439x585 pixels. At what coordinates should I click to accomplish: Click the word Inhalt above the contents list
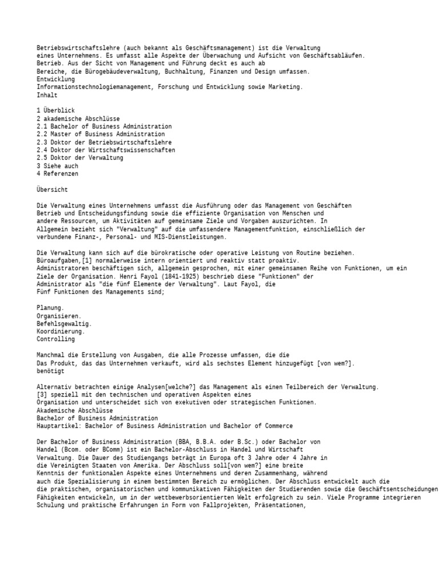(x=47, y=95)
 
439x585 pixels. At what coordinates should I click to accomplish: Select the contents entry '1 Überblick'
(x=55, y=110)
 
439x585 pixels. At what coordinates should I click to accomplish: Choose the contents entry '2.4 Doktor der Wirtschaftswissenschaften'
(x=106, y=150)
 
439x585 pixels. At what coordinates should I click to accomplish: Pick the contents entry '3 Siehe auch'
(x=57, y=166)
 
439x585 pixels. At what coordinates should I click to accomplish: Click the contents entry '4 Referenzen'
(x=57, y=174)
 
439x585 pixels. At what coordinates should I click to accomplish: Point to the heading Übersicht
(x=52, y=189)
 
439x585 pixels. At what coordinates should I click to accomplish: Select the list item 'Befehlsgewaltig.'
(x=64, y=323)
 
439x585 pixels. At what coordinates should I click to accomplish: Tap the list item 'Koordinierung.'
(x=61, y=331)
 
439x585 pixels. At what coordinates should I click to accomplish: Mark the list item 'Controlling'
(x=55, y=339)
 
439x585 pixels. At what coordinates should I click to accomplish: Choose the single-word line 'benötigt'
(x=50, y=371)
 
